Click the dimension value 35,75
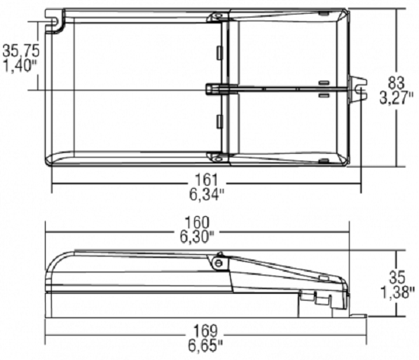point(21,50)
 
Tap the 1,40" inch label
point(20,65)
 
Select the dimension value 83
point(396,83)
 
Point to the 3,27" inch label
point(397,97)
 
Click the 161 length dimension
point(206,180)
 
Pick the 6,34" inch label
point(206,194)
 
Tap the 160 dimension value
point(197,222)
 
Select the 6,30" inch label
point(197,237)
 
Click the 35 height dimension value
point(397,277)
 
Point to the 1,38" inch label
point(397,292)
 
